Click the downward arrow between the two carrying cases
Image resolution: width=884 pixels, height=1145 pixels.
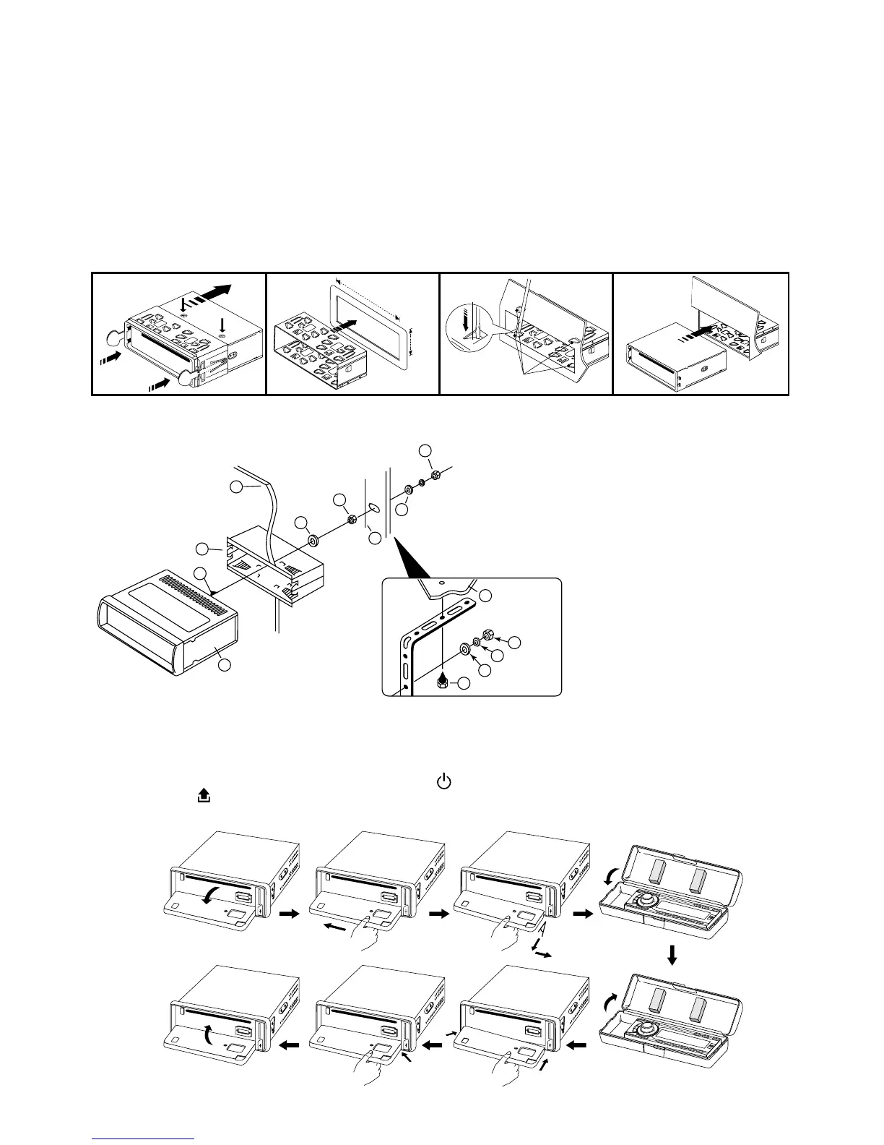(672, 956)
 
